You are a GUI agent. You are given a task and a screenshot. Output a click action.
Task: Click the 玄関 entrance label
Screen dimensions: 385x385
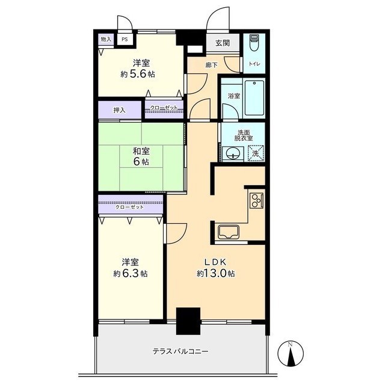[x=222, y=43]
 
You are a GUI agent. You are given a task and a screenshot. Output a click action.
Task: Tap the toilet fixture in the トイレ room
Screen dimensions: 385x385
[x=254, y=43]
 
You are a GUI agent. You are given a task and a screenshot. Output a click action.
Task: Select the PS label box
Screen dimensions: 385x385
[x=125, y=40]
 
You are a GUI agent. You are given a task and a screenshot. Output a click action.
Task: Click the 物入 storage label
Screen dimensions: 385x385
[x=106, y=40]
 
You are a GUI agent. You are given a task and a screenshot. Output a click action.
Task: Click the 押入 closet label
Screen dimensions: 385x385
[x=119, y=110]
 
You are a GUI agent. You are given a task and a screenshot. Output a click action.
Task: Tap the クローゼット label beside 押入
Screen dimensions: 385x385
[x=164, y=108]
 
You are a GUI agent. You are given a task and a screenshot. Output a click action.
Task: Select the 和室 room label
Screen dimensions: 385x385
[x=141, y=152]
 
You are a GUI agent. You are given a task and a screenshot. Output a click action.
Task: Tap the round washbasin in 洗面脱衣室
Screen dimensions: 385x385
[x=232, y=154]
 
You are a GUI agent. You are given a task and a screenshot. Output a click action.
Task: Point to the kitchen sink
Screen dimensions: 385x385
[x=229, y=232]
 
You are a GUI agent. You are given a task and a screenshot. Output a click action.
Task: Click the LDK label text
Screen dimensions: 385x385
[x=215, y=262]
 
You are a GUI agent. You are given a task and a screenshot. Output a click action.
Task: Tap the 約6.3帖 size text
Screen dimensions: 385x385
[x=131, y=273]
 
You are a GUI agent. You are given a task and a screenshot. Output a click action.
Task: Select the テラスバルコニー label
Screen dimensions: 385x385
[x=180, y=352]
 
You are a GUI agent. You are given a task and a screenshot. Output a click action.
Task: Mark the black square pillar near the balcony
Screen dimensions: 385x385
[x=188, y=321]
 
